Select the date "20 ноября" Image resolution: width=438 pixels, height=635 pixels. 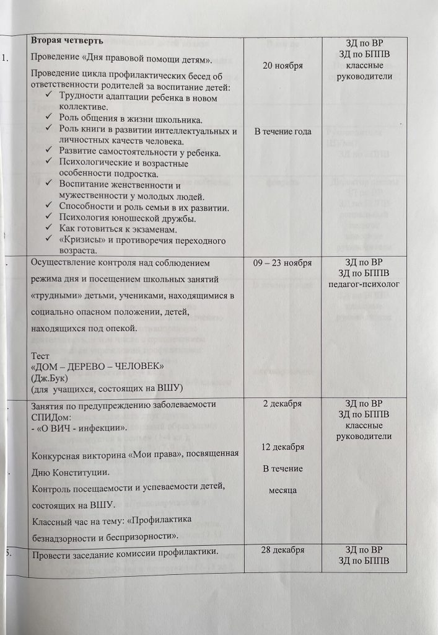(283, 66)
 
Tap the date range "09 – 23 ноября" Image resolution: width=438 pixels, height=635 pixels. (283, 263)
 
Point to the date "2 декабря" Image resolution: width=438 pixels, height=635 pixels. (283, 404)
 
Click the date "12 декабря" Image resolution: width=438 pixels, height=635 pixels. (283, 447)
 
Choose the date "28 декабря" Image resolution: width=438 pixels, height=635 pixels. (283, 551)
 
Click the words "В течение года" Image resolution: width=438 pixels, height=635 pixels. (283, 131)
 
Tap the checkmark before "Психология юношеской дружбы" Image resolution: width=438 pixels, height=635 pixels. (50, 218)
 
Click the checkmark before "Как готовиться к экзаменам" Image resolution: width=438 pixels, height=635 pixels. (50, 229)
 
